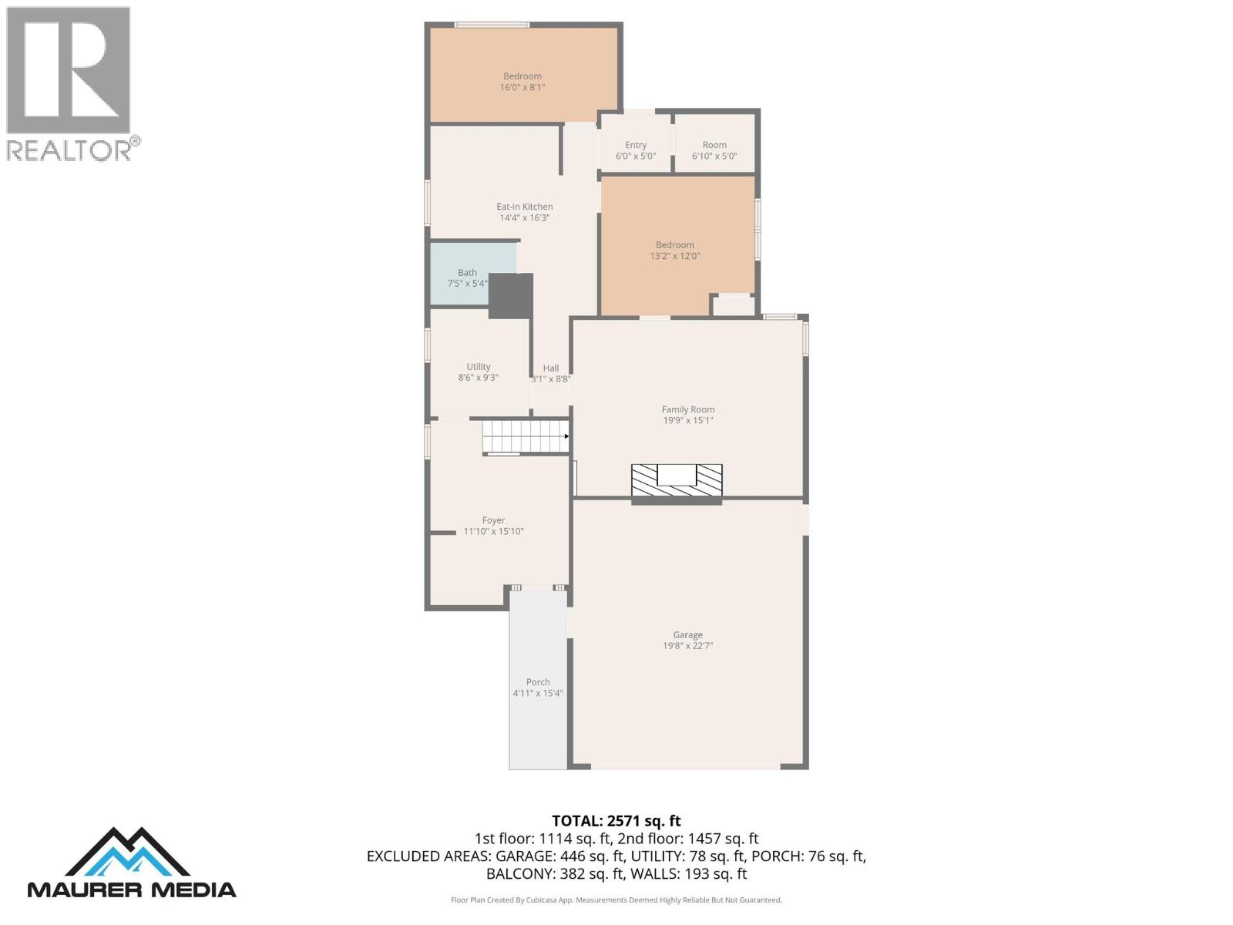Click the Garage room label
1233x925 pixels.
[687, 635]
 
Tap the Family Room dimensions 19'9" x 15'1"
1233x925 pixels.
[687, 421]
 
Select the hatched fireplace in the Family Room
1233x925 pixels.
[677, 481]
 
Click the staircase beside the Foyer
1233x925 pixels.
[525, 436]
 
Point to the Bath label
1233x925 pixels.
[467, 273]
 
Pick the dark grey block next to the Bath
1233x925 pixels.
[510, 296]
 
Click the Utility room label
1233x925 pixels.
[478, 367]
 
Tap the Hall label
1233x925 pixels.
[550, 368]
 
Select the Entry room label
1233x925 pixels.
[636, 145]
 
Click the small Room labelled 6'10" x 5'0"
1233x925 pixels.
[714, 150]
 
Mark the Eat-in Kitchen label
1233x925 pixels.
[524, 207]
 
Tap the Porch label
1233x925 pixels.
[538, 682]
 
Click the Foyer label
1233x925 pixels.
[493, 520]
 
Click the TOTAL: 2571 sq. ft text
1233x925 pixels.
[616, 821]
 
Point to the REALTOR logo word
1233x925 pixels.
[69, 150]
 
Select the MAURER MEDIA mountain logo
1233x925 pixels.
[131, 863]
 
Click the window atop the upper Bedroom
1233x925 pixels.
[492, 25]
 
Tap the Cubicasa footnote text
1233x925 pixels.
[616, 900]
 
